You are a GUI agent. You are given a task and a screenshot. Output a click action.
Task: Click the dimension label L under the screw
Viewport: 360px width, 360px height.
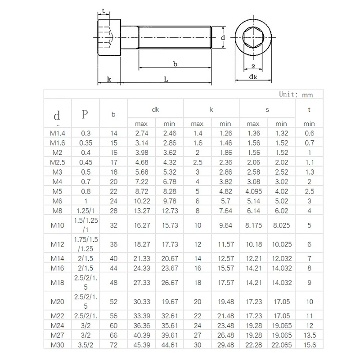coord(166,79)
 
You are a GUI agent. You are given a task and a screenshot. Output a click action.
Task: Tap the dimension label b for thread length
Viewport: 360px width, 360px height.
coord(175,64)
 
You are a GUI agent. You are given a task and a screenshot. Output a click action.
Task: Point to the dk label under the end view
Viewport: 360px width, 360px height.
coord(253,76)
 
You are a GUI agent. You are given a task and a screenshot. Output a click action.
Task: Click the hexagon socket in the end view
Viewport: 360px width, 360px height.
coord(253,37)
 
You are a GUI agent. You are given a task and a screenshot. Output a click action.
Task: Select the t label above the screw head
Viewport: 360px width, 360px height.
coord(103,10)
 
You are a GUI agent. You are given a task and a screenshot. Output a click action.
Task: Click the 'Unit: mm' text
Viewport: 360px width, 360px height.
coord(296,94)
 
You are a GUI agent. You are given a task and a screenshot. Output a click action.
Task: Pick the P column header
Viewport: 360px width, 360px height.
coord(85,114)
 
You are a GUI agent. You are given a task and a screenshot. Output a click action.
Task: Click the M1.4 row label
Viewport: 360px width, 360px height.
coord(58,133)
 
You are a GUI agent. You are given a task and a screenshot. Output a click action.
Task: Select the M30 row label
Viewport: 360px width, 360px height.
coord(58,345)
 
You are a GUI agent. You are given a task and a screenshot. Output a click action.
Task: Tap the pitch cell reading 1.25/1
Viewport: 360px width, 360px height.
coord(85,211)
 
